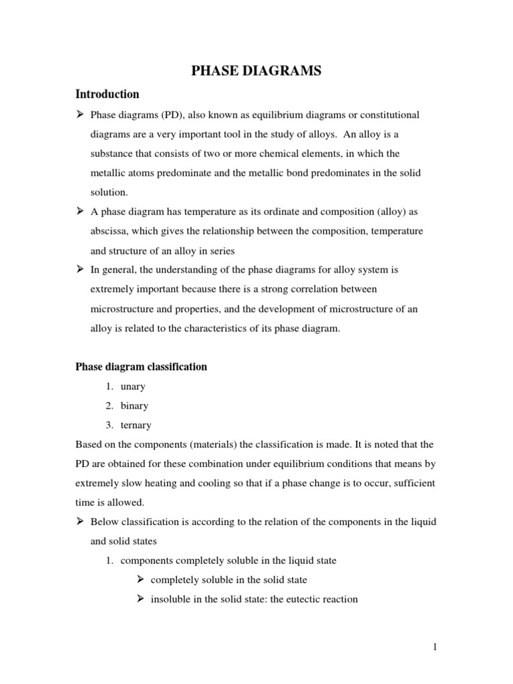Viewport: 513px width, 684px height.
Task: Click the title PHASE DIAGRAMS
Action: (x=256, y=70)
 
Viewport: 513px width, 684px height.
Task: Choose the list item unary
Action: (x=133, y=386)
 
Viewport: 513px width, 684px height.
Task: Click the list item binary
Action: (x=135, y=405)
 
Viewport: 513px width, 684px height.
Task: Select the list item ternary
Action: (x=136, y=425)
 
